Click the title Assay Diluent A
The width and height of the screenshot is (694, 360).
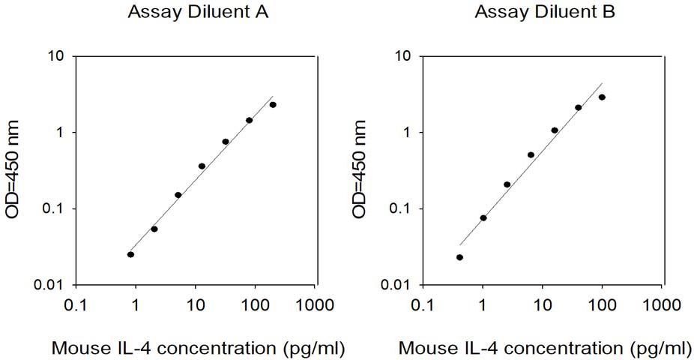pos(198,12)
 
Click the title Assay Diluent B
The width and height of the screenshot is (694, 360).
pos(545,12)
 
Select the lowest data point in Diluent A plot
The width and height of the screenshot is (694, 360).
pos(130,254)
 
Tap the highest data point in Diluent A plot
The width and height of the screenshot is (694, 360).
pos(273,105)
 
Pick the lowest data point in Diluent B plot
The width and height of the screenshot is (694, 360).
pos(460,257)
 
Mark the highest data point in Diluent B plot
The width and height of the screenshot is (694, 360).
pos(602,97)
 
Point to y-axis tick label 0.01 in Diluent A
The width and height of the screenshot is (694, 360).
pos(49,285)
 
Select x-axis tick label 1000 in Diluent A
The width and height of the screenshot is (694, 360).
pos(314,305)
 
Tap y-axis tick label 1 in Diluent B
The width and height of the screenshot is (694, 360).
pos(407,133)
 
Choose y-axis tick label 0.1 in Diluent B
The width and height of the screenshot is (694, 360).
pos(401,209)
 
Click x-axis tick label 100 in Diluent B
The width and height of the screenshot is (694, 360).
pos(603,305)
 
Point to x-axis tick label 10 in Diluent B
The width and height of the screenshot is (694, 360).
pos(543,305)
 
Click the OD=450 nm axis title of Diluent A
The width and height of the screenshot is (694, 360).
pos(13,169)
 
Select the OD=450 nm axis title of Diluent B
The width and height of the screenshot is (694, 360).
pos(360,169)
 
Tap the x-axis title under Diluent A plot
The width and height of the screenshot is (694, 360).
pos(199,349)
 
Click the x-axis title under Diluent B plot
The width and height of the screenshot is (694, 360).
pos(546,349)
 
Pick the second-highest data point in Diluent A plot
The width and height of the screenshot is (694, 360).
pos(249,121)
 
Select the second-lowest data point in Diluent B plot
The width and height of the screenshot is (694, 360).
pos(483,217)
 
